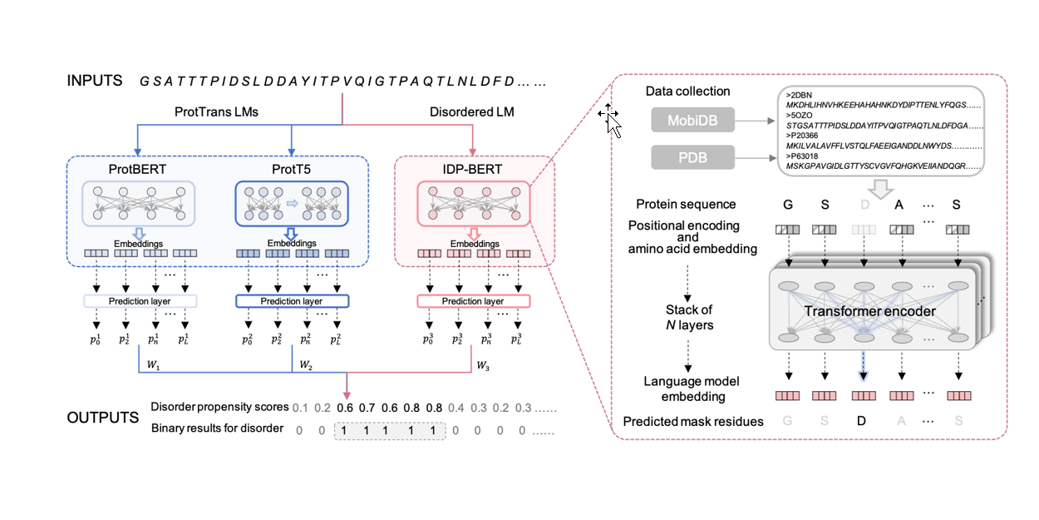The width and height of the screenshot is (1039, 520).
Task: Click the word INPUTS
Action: (x=95, y=81)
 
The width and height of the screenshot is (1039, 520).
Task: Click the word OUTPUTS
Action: (x=102, y=417)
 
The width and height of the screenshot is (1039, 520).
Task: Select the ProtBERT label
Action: (x=139, y=170)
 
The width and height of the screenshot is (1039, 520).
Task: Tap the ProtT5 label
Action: (x=290, y=170)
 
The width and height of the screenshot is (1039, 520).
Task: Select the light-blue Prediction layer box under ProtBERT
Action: (x=139, y=300)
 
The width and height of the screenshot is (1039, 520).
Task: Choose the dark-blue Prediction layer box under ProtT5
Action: (x=290, y=300)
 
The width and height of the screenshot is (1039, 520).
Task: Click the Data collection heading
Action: (x=687, y=92)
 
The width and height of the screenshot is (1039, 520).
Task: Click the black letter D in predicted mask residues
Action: (x=860, y=422)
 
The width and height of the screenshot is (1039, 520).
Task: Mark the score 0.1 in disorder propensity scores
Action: (x=300, y=407)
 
